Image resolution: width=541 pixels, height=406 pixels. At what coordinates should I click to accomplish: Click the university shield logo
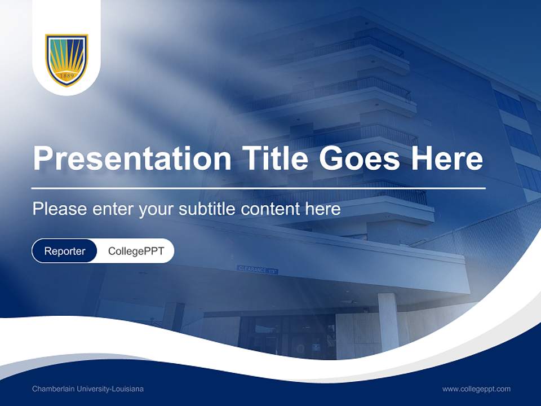(66, 60)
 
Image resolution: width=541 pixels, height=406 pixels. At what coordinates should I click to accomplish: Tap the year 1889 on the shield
(66, 76)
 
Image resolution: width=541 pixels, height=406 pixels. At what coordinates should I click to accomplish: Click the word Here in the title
(447, 158)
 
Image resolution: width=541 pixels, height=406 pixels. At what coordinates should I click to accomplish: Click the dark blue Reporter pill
(65, 251)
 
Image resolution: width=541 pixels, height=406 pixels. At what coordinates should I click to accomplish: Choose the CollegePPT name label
(136, 251)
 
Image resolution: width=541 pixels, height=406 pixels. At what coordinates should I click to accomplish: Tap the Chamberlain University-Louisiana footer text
(88, 389)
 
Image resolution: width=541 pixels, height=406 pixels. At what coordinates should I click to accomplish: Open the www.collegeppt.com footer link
(476, 389)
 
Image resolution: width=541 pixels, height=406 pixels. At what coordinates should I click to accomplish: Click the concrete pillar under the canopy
(388, 321)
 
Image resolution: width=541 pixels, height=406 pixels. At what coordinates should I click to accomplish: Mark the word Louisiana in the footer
(128, 389)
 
